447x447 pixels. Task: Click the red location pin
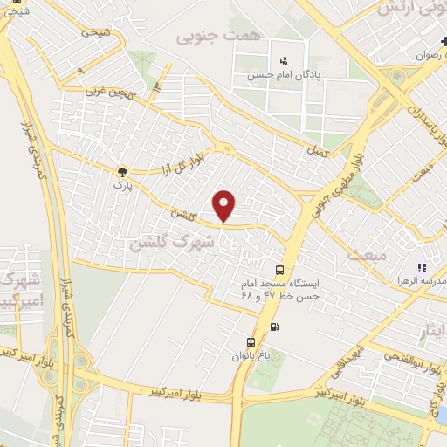225,205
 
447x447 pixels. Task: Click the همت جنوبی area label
207,38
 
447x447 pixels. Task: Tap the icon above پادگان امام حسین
284,61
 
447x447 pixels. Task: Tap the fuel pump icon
276,327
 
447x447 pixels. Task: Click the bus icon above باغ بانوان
251,341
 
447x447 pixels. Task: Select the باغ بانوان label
251,356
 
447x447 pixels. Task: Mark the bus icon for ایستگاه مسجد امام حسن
279,270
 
